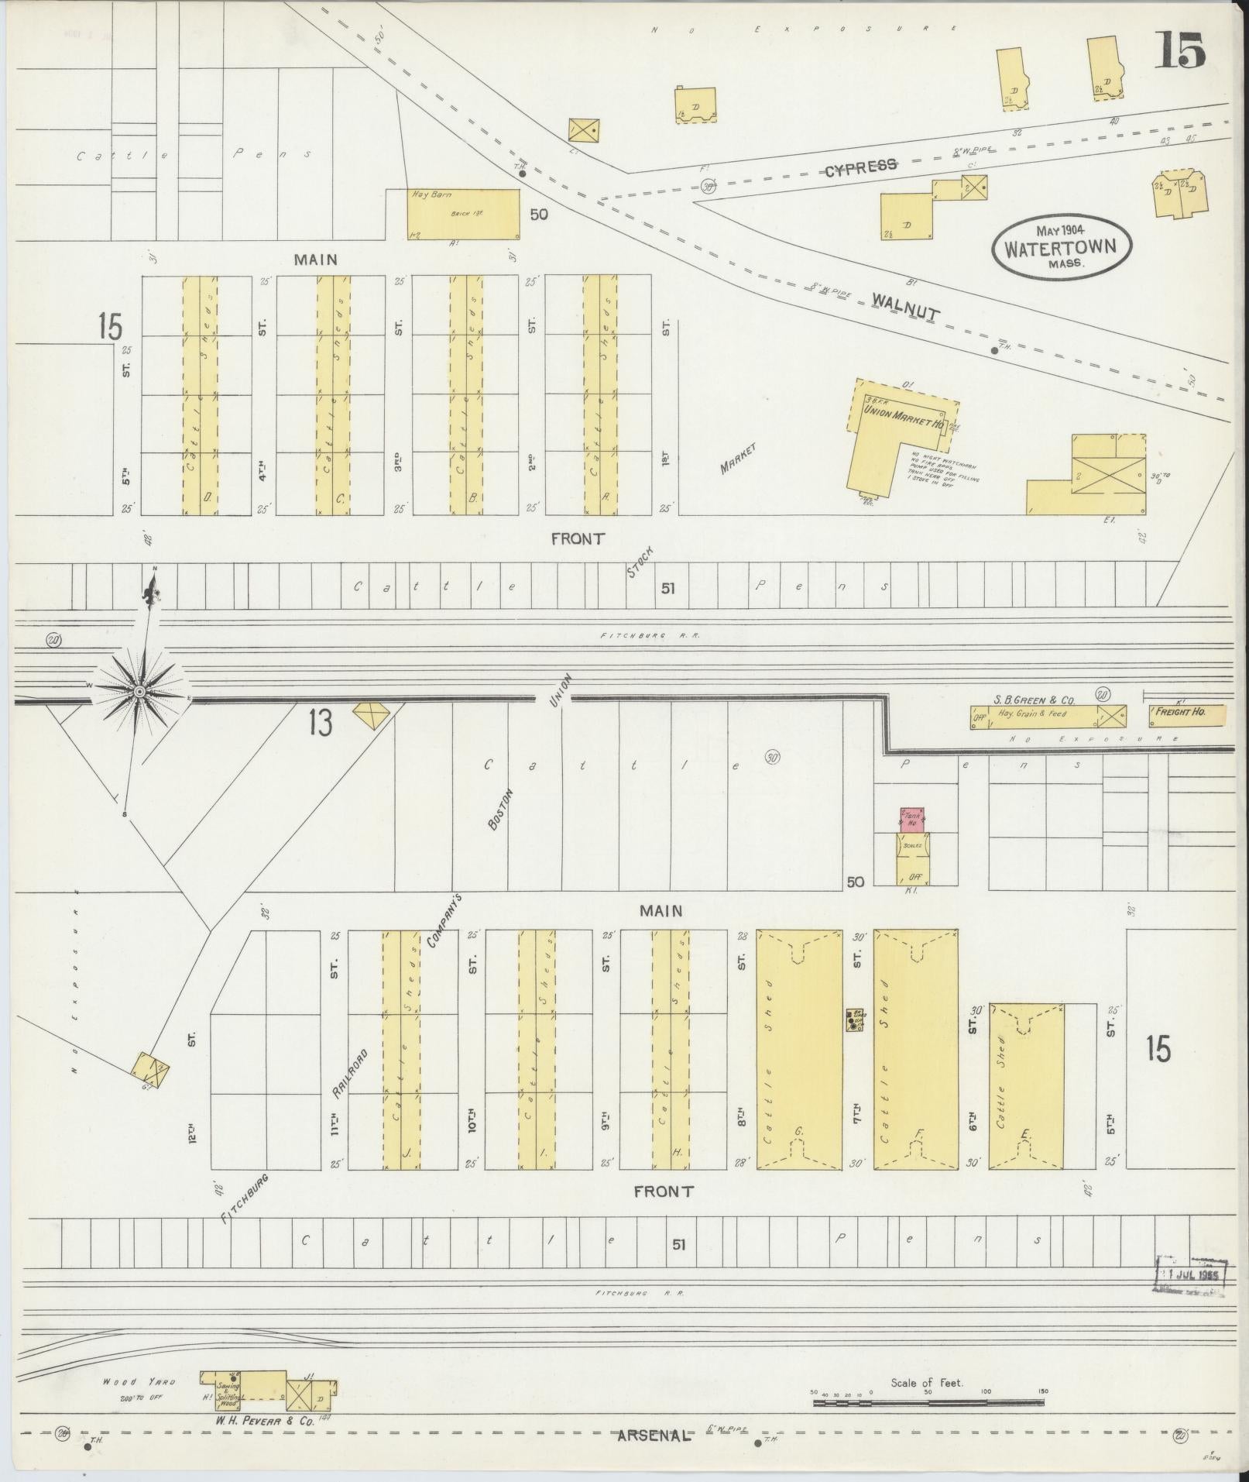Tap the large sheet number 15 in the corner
click(x=1181, y=52)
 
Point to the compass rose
click(x=139, y=690)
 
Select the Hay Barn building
click(x=464, y=214)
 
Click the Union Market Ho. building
click(x=898, y=434)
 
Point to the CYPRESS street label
click(x=860, y=165)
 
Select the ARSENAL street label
click(x=652, y=1436)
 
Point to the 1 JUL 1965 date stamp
click(x=1190, y=1274)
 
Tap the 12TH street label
click(x=191, y=1133)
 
